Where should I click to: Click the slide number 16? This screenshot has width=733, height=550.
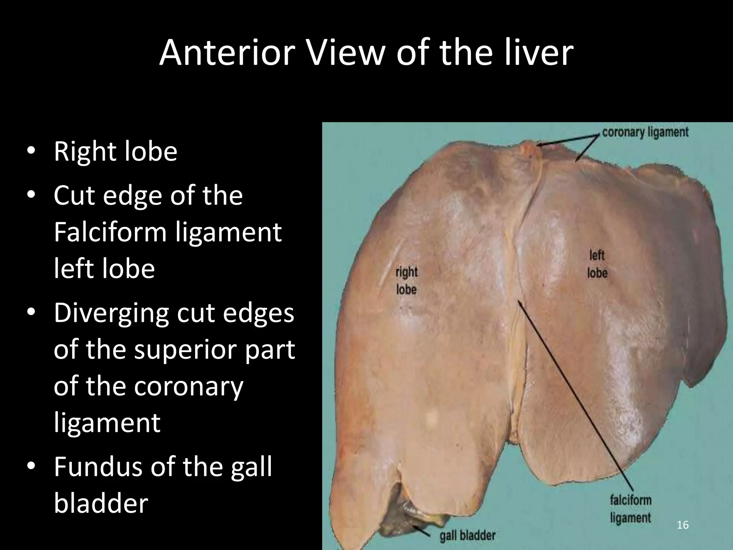[x=683, y=525]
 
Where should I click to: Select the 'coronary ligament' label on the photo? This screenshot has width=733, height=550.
[x=645, y=132]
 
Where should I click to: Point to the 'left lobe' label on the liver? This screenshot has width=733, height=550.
[x=597, y=264]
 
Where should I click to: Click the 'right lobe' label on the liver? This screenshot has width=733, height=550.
[x=406, y=281]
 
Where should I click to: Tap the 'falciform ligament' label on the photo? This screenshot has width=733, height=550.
[x=631, y=509]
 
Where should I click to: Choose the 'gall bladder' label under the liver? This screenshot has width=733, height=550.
[x=467, y=536]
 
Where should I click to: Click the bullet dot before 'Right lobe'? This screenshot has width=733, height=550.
[x=31, y=151]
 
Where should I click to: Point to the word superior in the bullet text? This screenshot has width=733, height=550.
[x=186, y=350]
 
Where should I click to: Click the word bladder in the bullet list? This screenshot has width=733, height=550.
[x=101, y=503]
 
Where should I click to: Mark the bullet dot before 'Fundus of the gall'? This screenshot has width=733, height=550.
[x=31, y=466]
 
